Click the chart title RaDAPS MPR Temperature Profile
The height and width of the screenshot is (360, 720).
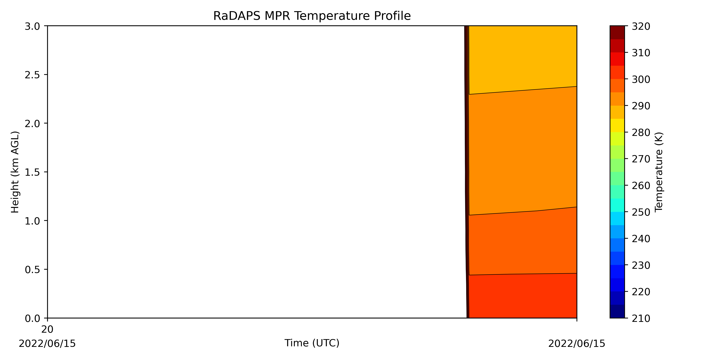[312, 16]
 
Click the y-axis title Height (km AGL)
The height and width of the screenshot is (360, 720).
[15, 172]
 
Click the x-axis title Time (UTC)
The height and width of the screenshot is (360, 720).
[312, 343]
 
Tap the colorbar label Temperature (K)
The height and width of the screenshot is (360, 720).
[659, 172]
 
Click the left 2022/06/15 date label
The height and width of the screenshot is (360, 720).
[47, 343]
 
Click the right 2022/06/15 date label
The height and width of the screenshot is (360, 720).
[577, 343]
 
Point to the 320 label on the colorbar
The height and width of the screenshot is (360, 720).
[641, 27]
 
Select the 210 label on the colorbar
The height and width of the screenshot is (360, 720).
[641, 319]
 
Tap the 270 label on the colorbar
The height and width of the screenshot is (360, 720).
[641, 159]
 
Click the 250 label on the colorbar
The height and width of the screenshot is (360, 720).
[641, 212]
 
